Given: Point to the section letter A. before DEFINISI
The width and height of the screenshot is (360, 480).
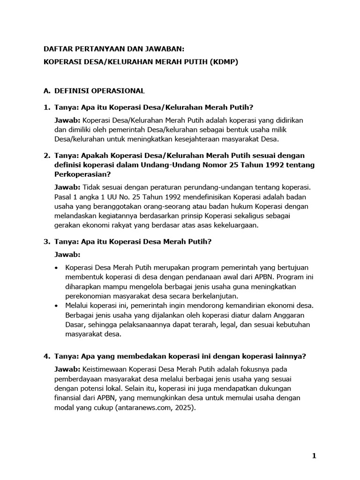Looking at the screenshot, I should point(47,90).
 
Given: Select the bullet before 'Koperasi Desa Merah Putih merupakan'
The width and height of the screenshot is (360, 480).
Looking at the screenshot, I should point(57,268).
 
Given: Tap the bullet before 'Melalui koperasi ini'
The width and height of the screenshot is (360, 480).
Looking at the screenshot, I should point(57,306).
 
